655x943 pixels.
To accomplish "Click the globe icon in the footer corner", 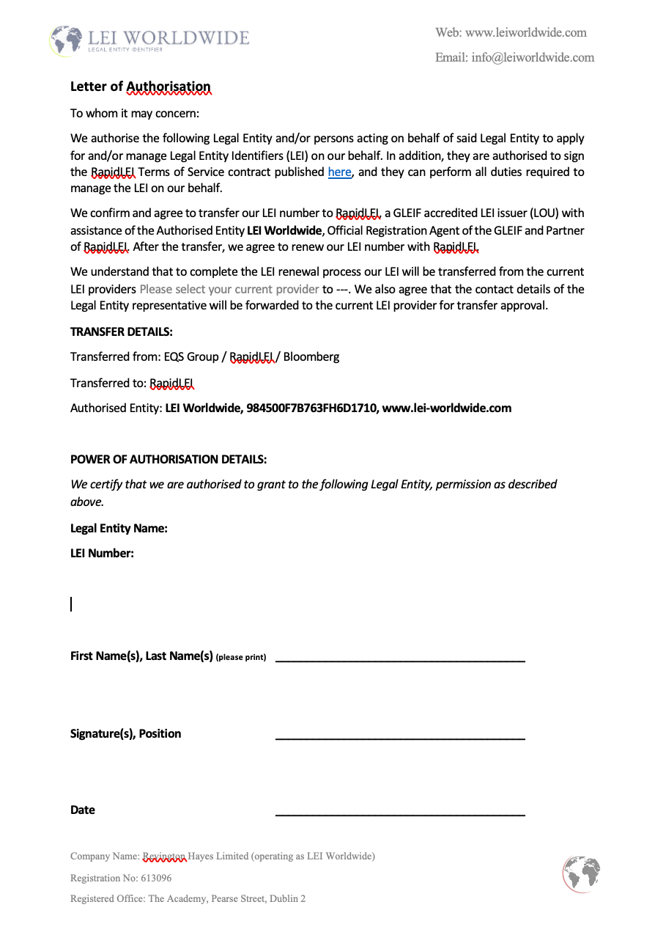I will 582,874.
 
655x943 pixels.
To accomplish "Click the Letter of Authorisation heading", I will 141,87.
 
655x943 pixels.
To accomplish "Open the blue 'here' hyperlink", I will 339,172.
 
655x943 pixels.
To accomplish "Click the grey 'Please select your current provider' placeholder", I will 229,289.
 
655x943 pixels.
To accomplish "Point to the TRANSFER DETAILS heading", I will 122,331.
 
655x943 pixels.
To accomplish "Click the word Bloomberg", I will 311,357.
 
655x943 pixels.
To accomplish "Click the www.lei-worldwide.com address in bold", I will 447,408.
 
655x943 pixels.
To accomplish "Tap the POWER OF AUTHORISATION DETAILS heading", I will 169,460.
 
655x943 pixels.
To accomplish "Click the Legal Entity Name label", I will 119,528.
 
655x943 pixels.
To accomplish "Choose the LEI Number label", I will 102,553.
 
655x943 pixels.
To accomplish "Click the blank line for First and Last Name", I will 400,660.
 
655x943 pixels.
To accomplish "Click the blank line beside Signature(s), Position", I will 400,737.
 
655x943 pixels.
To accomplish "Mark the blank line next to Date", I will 400,813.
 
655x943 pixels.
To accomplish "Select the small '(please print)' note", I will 241,657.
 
